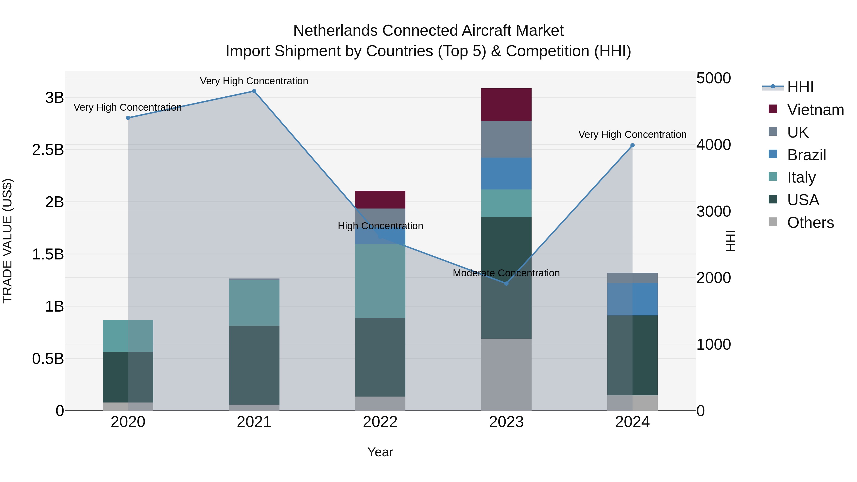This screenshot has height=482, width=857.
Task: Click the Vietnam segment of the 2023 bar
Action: (506, 104)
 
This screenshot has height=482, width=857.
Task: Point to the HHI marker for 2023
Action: (506, 283)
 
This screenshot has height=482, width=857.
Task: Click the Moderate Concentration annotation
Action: (506, 273)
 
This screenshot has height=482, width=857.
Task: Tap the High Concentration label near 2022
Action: (380, 226)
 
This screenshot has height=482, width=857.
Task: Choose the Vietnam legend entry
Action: (815, 110)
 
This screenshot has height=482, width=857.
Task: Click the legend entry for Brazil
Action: (807, 155)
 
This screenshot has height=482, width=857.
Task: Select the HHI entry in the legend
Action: (800, 87)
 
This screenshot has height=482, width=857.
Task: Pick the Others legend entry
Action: (810, 223)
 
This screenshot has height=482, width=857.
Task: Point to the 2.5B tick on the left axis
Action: (48, 150)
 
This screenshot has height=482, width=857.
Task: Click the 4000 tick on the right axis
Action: (713, 145)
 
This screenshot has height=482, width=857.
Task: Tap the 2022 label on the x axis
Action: (380, 422)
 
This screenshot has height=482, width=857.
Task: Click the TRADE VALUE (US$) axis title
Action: (7, 241)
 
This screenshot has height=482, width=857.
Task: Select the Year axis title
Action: (380, 452)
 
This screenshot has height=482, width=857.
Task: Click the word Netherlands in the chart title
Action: (335, 31)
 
